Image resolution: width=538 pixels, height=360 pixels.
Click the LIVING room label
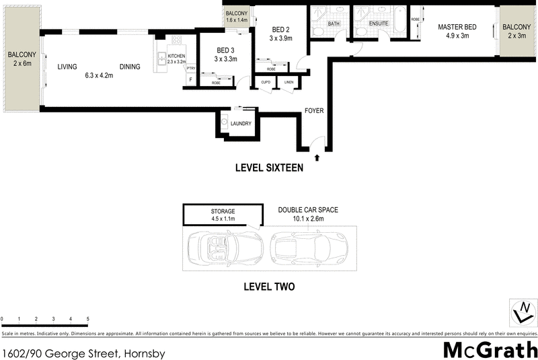point(67,67)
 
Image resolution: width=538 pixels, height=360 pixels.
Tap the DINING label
point(130,67)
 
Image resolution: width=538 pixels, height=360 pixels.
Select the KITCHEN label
point(176,56)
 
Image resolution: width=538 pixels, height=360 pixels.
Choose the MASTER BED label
point(457,27)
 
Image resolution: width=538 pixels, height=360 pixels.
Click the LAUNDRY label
point(241,124)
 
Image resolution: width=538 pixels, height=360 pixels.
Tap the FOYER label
point(314,110)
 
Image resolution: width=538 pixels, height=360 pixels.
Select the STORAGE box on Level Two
point(223,215)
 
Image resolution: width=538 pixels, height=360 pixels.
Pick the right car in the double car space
point(309,248)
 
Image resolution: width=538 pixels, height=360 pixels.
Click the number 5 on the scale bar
point(88,319)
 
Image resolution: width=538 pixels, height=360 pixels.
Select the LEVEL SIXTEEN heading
point(268,168)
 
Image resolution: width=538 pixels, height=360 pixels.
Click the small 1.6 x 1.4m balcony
point(237,17)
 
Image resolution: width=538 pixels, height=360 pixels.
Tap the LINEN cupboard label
point(289,83)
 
